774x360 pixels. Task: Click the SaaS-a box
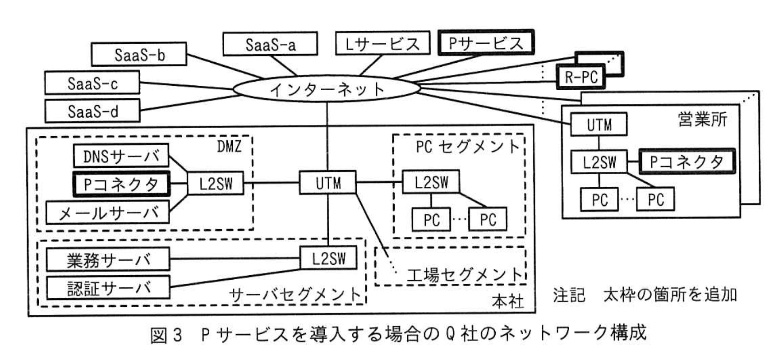pyautogui.click(x=270, y=44)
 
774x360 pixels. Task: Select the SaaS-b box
pyautogui.click(x=139, y=54)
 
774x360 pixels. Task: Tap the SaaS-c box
pyautogui.click(x=92, y=83)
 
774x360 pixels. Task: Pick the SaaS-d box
pyautogui.click(x=92, y=111)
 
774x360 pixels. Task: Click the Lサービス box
pyautogui.click(x=382, y=43)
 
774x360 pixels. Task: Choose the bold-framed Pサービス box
pyautogui.click(x=486, y=43)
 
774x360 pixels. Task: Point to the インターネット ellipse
pyautogui.click(x=327, y=89)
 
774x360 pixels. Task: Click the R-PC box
pyautogui.click(x=580, y=77)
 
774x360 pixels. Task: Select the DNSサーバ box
pyautogui.click(x=121, y=156)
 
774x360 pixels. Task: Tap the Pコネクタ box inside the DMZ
pyautogui.click(x=121, y=184)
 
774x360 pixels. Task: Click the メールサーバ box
pyautogui.click(x=108, y=212)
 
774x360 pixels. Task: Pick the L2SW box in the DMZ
pyautogui.click(x=216, y=183)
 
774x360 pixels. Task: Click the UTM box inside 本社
pyautogui.click(x=328, y=183)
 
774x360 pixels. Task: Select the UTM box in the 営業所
pyautogui.click(x=599, y=124)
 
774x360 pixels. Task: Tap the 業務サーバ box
pyautogui.click(x=108, y=259)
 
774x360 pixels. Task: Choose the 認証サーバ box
pyautogui.click(x=108, y=287)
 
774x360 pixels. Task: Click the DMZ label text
pyautogui.click(x=229, y=146)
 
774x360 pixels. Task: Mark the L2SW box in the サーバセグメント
pyautogui.click(x=329, y=258)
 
